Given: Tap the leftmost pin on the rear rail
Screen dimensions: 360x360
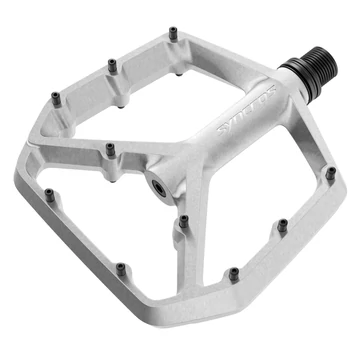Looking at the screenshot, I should tap(55, 98).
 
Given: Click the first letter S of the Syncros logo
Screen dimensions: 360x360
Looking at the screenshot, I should tap(213, 130).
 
